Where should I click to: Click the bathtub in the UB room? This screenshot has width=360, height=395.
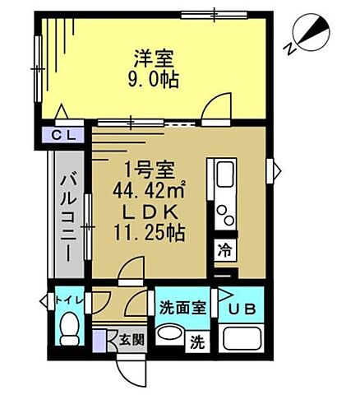(241, 340)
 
